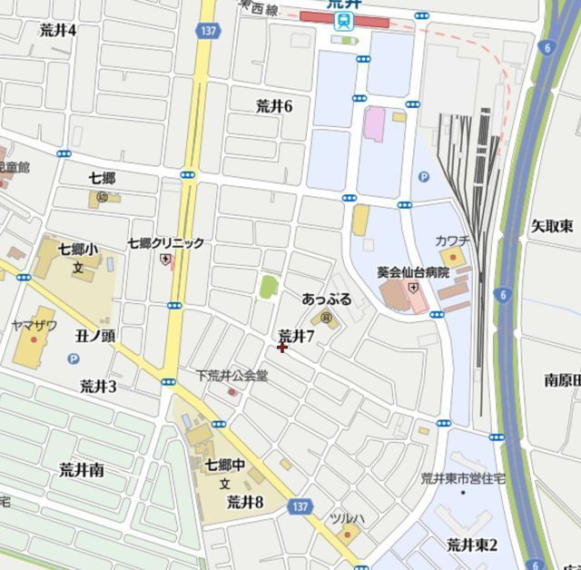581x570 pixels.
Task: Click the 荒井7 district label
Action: click(296, 336)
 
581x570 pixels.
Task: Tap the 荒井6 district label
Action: click(274, 106)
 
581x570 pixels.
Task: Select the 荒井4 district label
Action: click(58, 30)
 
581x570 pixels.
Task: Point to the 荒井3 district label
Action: click(98, 387)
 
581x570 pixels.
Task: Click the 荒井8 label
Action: click(244, 501)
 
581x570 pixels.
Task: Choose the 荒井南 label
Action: click(82, 469)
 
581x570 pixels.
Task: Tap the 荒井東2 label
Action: click(472, 545)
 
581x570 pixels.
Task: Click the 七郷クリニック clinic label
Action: click(165, 243)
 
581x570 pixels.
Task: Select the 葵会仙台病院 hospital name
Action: click(413, 272)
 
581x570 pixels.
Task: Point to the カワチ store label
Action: click(451, 241)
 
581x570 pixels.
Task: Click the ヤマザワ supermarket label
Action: click(34, 325)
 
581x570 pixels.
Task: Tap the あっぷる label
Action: click(326, 299)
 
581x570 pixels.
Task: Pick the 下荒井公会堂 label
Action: click(232, 375)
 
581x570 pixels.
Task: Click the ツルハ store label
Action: click(347, 518)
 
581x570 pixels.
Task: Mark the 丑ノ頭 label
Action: click(94, 336)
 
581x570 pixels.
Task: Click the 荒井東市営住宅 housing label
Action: click(463, 477)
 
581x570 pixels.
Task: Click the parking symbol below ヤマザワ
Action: click(73, 359)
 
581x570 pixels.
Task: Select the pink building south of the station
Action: click(373, 123)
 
